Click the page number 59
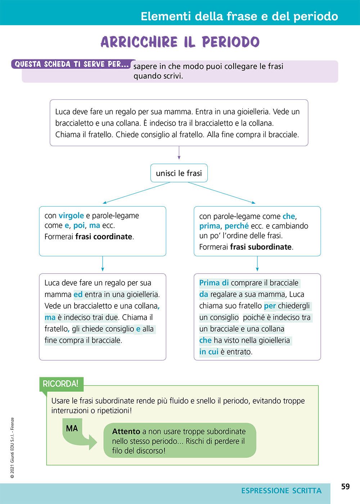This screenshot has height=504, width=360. point(345,487)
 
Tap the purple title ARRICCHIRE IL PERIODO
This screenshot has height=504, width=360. point(180,42)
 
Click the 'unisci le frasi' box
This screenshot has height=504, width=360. point(179,173)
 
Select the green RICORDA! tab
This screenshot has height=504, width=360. point(60,384)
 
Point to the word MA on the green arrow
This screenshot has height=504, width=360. point(72,428)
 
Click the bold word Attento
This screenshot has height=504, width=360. point(126,431)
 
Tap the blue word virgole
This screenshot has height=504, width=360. point(71,216)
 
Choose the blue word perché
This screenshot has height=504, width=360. point(237,226)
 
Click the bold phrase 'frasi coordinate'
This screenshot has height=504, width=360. point(104,237)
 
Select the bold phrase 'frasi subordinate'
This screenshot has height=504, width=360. point(261,247)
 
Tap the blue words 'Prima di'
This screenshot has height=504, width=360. point(214,283)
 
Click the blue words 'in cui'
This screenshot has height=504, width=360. point(209,352)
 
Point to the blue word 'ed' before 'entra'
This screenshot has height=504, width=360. point(78,294)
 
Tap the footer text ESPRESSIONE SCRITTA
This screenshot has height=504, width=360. point(281,491)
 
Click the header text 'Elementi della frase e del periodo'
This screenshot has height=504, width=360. point(239,16)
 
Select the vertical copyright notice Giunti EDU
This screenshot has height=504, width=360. point(12,448)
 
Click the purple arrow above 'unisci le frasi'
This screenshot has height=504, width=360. point(179,153)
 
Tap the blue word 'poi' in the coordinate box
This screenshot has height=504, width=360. point(79,225)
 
